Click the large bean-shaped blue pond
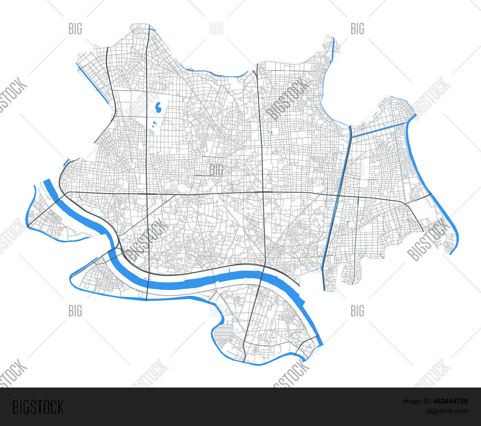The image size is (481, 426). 158,108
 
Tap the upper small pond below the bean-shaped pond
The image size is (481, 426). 155,122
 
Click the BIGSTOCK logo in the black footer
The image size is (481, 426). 38,407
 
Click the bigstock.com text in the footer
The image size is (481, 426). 447,411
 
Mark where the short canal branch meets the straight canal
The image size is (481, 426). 352,137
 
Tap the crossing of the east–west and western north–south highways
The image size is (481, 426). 147,194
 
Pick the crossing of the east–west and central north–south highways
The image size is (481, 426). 263,192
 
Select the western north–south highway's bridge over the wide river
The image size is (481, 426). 147,282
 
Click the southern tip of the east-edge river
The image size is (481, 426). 451,254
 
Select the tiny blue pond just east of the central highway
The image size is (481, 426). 271,132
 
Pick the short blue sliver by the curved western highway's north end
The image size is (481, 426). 66,162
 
